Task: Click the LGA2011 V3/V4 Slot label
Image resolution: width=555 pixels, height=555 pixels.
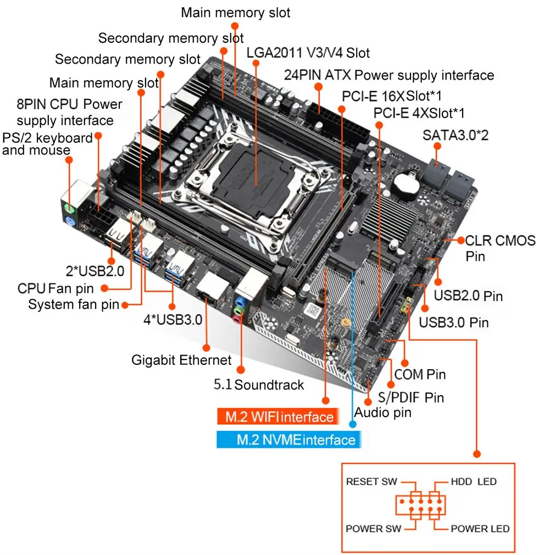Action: (308, 53)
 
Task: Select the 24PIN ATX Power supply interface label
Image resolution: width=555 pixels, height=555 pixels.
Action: (389, 75)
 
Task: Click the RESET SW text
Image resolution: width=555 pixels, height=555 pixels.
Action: (371, 482)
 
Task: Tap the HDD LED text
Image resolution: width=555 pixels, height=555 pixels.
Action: (474, 482)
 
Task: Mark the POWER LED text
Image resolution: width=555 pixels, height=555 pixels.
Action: (480, 529)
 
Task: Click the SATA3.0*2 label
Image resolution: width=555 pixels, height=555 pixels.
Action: (455, 135)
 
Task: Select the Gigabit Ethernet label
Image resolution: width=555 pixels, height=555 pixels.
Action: (181, 360)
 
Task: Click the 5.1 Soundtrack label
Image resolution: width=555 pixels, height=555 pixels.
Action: (258, 385)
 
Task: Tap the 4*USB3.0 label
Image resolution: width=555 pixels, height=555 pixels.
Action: (172, 319)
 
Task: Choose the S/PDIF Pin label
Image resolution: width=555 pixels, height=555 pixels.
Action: (411, 397)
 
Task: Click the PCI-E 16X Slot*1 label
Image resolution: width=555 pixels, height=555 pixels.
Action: (392, 96)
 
